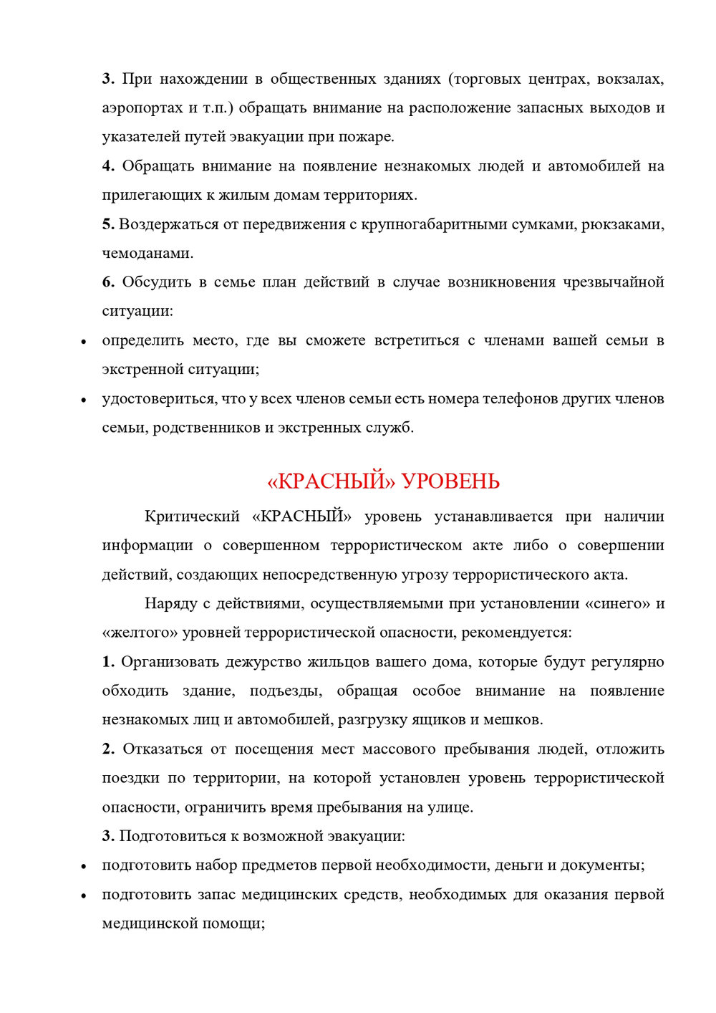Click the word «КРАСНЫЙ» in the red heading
click(x=331, y=481)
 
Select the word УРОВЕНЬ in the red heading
click(x=450, y=481)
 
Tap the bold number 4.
click(x=108, y=166)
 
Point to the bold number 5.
click(x=108, y=224)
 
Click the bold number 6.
click(x=108, y=282)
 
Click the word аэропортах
click(x=142, y=109)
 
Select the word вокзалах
click(x=630, y=79)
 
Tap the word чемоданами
click(x=147, y=254)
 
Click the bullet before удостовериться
click(x=84, y=400)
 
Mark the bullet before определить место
click(x=84, y=342)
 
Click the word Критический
click(x=191, y=517)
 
